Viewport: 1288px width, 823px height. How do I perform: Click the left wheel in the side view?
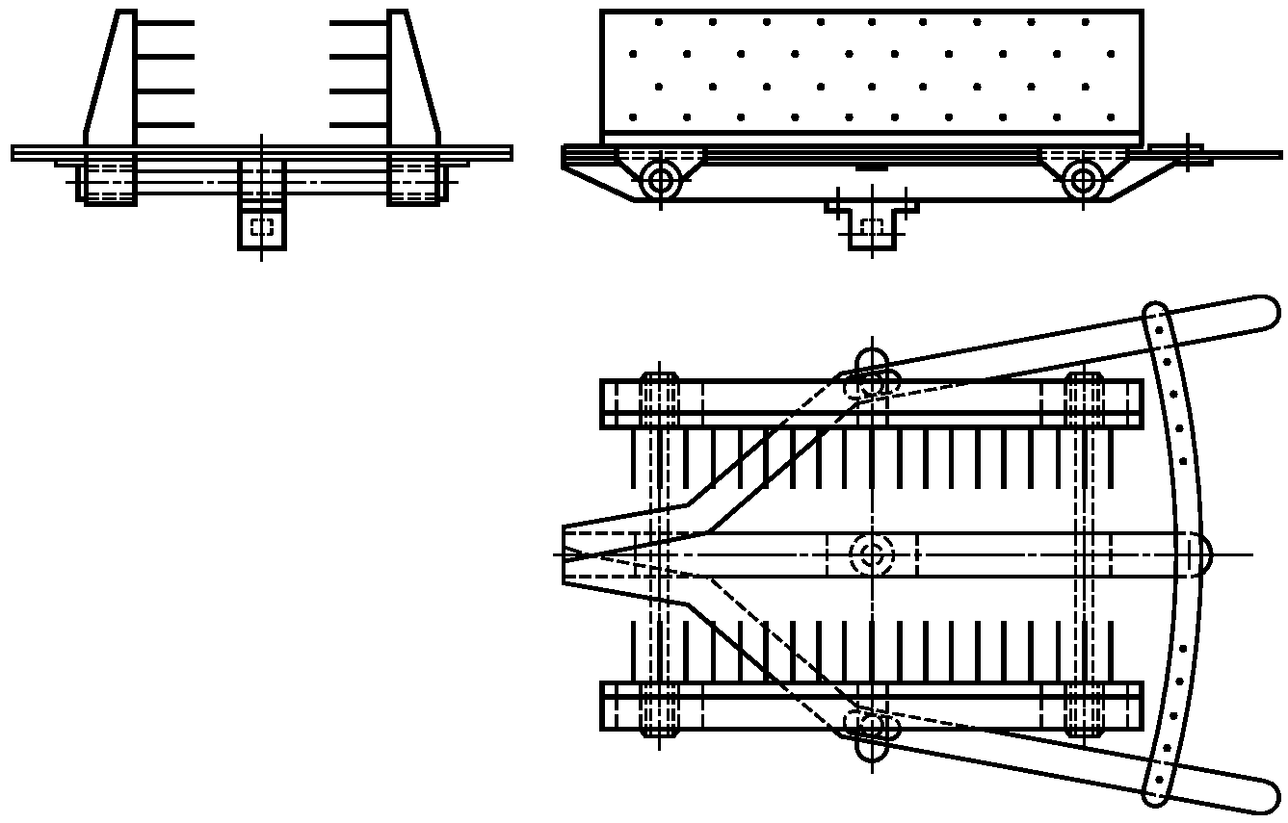(x=660, y=180)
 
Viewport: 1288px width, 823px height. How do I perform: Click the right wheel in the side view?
(x=1084, y=180)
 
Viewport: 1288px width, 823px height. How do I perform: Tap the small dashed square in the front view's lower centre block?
(x=262, y=227)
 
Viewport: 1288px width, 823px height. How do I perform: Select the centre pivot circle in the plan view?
(x=872, y=554)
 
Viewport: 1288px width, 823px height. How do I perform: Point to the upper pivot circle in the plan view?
(x=872, y=382)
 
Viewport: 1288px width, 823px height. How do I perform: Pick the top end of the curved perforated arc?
(x=1155, y=317)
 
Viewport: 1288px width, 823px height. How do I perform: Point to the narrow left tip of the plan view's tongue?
(x=568, y=554)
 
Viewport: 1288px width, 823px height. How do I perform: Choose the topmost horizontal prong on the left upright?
(x=166, y=22)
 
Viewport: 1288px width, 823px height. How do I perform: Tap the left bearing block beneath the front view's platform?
(x=107, y=180)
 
